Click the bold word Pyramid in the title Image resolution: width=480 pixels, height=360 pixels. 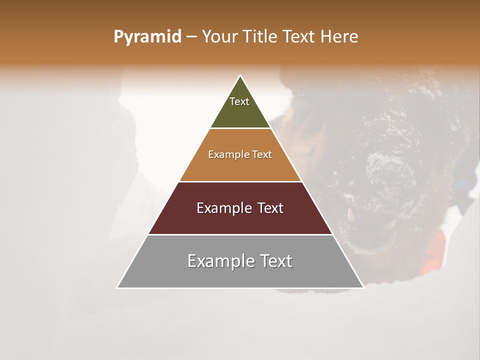tap(147, 36)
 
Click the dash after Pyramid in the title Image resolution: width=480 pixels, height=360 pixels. tap(191, 37)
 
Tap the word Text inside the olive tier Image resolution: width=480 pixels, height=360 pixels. tap(239, 101)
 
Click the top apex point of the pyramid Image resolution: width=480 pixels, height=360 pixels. tap(240, 75)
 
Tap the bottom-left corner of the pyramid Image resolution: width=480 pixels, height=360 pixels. tap(117, 287)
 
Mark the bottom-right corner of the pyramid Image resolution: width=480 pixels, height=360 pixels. tap(363, 287)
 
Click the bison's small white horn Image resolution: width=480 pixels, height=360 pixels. tap(350, 214)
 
